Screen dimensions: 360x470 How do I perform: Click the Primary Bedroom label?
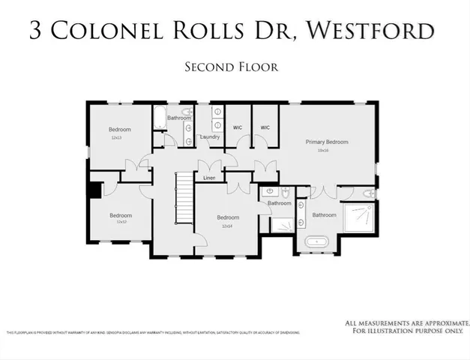click(327, 142)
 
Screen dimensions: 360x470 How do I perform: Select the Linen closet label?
click(209, 178)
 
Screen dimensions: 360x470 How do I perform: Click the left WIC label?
click(237, 127)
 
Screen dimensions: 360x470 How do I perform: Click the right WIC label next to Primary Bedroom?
click(265, 127)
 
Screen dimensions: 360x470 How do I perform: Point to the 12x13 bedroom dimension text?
click(116, 138)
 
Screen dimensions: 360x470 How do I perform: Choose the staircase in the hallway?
click(184, 197)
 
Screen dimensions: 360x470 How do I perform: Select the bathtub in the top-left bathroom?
click(160, 117)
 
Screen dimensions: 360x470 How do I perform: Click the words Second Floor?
click(232, 67)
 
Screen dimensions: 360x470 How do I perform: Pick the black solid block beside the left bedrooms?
click(94, 191)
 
